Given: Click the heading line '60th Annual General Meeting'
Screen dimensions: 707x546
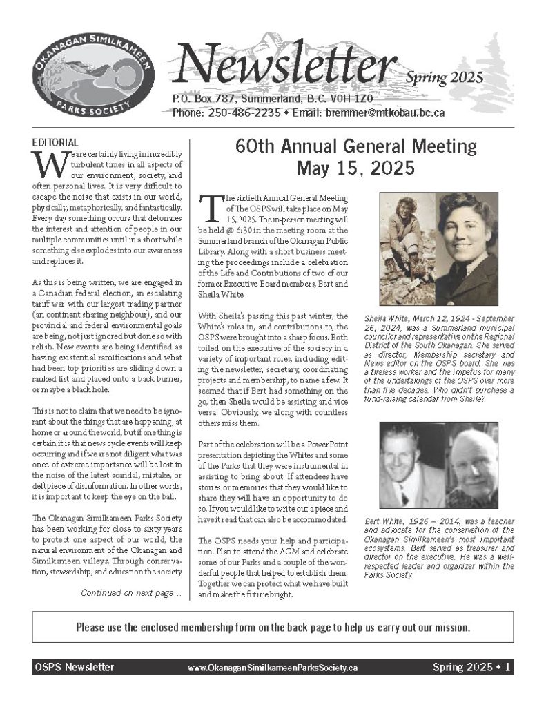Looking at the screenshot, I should [355, 146].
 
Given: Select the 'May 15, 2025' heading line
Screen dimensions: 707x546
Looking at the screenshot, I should [355, 167].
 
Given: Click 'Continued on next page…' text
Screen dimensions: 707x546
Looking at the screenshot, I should [131, 592].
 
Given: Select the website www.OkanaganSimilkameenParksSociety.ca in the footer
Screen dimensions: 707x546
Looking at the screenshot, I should [272, 668].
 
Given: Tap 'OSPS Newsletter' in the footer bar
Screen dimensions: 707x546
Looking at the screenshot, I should [74, 668].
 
